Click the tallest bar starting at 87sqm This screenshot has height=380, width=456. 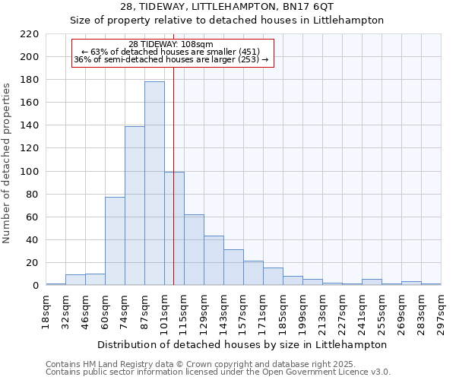[x=154, y=183]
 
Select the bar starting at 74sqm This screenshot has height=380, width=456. [x=135, y=206]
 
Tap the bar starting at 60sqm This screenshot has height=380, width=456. [x=115, y=241]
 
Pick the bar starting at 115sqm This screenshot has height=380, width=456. [x=194, y=250]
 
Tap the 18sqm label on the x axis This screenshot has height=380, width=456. [x=46, y=311]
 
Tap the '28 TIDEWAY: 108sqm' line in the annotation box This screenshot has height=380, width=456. [x=171, y=44]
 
